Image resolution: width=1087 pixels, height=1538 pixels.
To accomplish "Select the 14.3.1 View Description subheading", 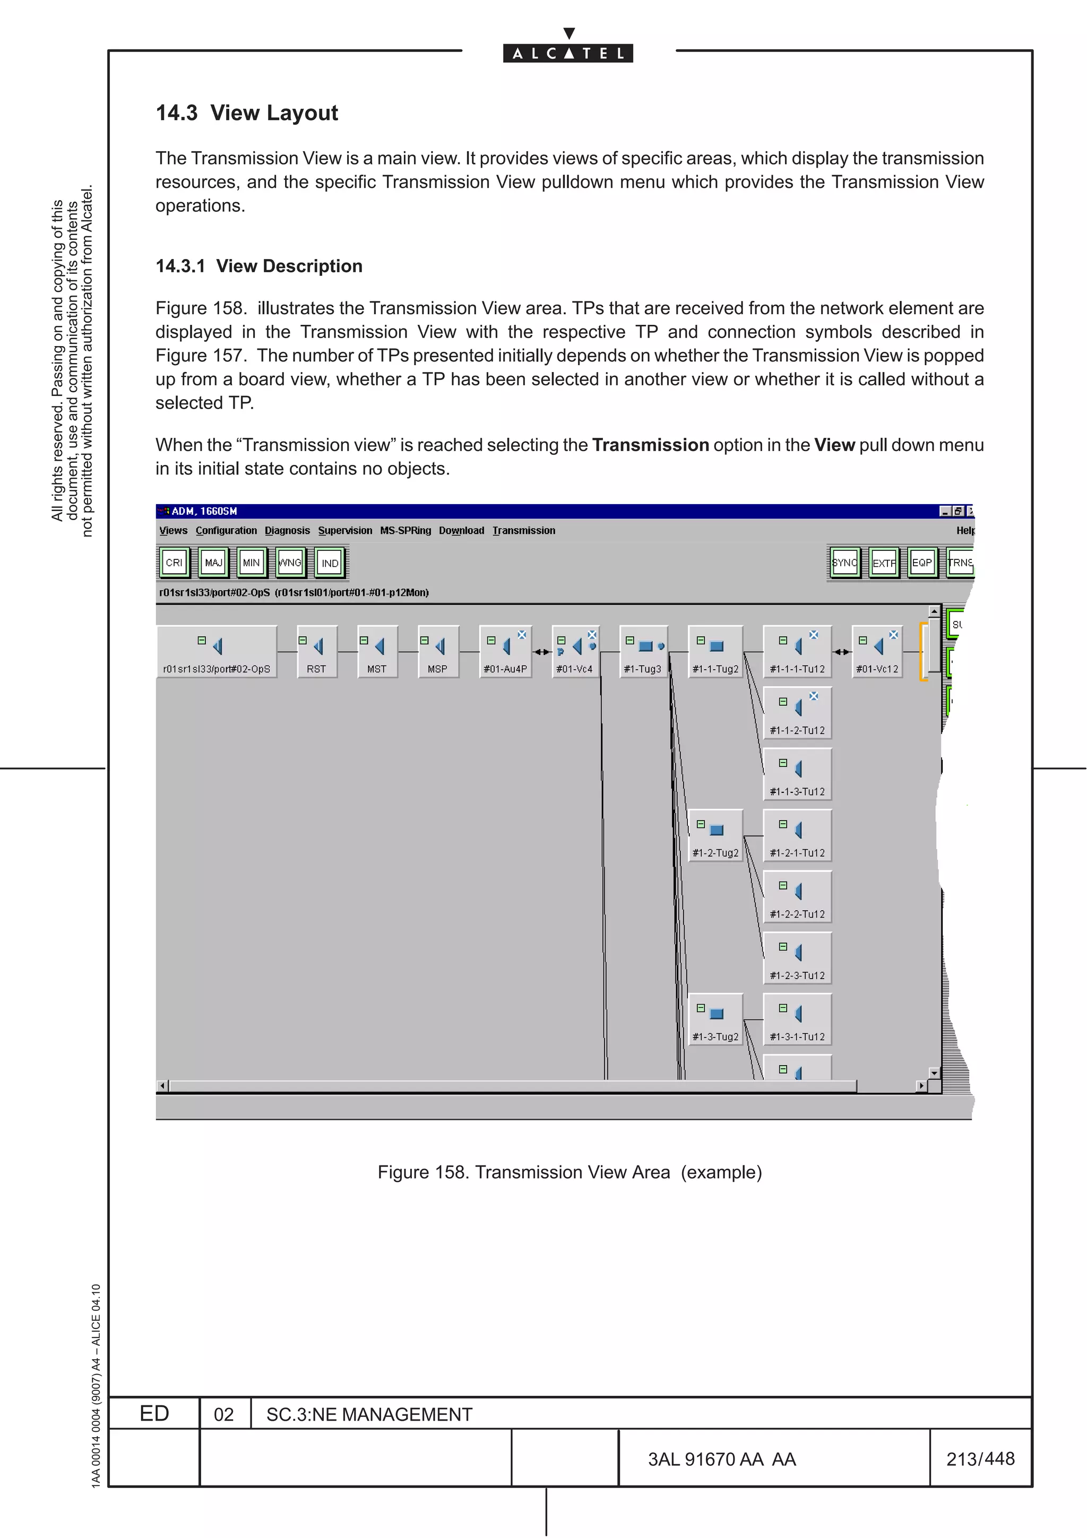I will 258,266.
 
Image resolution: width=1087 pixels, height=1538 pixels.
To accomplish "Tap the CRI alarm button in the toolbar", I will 174,563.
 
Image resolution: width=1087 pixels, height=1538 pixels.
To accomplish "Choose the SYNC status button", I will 844,563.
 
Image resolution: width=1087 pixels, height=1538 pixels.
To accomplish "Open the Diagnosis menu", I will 287,531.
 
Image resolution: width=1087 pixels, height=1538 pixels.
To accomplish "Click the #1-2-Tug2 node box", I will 715,836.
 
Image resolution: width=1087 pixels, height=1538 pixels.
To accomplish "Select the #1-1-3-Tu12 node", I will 797,774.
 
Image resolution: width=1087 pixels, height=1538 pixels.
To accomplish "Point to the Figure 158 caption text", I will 570,1172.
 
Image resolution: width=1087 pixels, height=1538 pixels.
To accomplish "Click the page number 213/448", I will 980,1458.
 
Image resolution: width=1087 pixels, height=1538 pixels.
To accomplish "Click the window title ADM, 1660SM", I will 204,511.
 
